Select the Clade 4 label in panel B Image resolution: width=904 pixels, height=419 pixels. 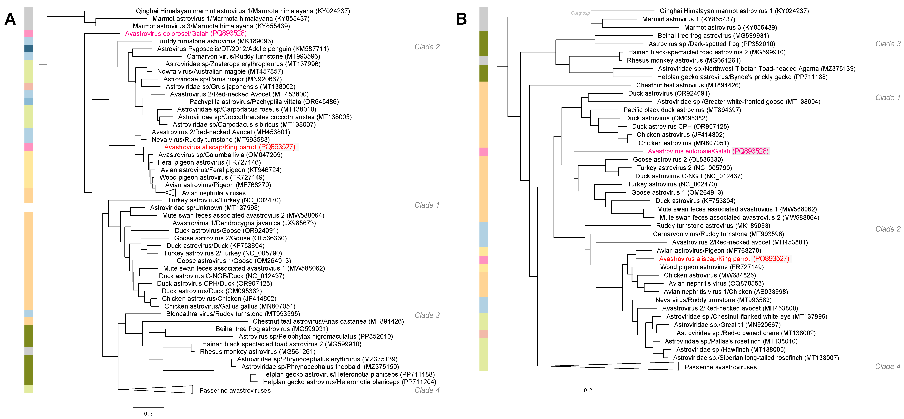click(888, 366)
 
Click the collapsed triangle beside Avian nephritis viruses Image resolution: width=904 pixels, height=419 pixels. click(170, 192)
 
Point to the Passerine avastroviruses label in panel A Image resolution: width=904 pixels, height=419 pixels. click(235, 390)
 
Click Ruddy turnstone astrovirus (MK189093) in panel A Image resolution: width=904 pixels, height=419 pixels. click(215, 41)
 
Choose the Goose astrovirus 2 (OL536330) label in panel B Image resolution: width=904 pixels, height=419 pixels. click(678, 159)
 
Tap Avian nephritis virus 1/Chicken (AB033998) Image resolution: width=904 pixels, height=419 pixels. click(725, 292)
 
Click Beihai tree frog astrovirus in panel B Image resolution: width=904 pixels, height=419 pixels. click(713, 35)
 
